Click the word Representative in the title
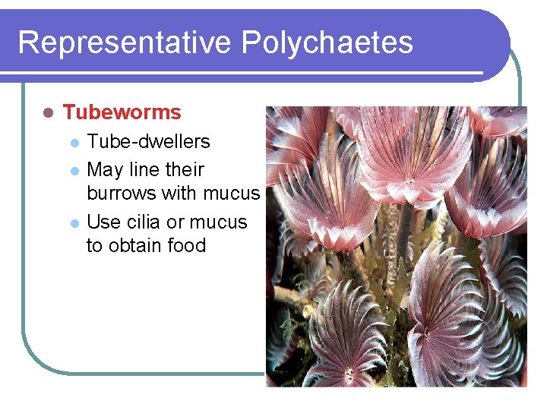pyautogui.click(x=125, y=43)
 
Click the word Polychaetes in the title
pyautogui.click(x=327, y=43)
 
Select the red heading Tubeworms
pyautogui.click(x=122, y=112)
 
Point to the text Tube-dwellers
pyautogui.click(x=149, y=142)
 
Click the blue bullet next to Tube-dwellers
pyautogui.click(x=74, y=143)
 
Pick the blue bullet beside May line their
pyautogui.click(x=74, y=170)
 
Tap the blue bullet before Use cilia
pyautogui.click(x=74, y=223)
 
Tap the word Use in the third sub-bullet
pyautogui.click(x=103, y=222)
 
